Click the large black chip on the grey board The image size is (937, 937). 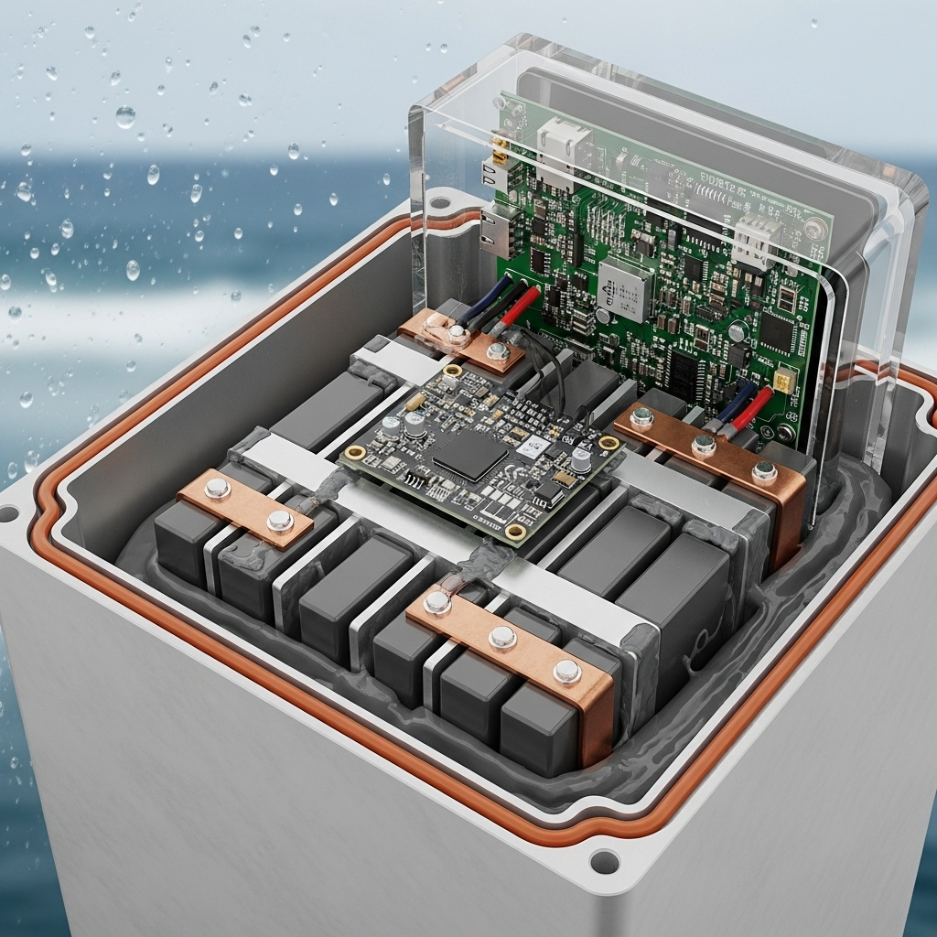[470, 454]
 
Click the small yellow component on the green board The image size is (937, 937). [783, 380]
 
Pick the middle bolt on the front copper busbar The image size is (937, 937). [501, 637]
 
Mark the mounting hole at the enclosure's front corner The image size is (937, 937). [604, 861]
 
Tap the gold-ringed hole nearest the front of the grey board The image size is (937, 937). [515, 532]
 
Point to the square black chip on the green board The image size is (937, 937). [775, 333]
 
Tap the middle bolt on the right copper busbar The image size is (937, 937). [703, 445]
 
